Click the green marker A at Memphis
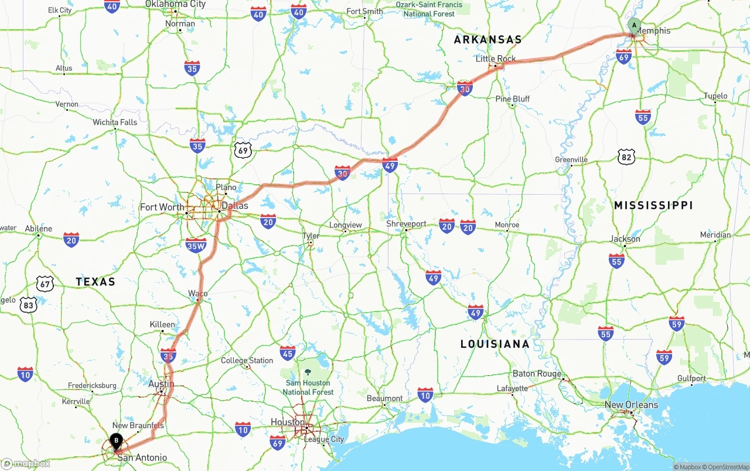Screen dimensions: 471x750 pyautogui.click(x=633, y=26)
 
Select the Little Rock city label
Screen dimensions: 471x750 pyautogui.click(x=496, y=59)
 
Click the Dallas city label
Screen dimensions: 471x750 pyautogui.click(x=235, y=206)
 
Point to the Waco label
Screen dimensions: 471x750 pyautogui.click(x=197, y=293)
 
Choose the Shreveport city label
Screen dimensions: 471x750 pyautogui.click(x=406, y=224)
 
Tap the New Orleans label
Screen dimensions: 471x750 pyautogui.click(x=631, y=405)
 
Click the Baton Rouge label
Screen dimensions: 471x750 pyautogui.click(x=537, y=374)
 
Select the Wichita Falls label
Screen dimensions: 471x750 pyautogui.click(x=115, y=123)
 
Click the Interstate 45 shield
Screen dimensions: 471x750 pyautogui.click(x=287, y=353)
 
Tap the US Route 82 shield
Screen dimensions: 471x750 pyautogui.click(x=626, y=156)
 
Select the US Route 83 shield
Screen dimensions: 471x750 pyautogui.click(x=28, y=305)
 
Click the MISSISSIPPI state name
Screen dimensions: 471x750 pyautogui.click(x=653, y=205)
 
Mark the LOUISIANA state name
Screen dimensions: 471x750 pyautogui.click(x=495, y=344)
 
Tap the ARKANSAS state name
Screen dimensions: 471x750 pyautogui.click(x=487, y=40)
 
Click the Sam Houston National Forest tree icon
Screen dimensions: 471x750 pyautogui.click(x=308, y=372)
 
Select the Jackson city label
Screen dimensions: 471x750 pyautogui.click(x=625, y=239)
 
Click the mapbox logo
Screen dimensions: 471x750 pyautogui.click(x=26, y=463)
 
